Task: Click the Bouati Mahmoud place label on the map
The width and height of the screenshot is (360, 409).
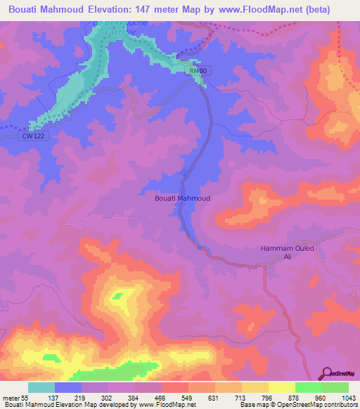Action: (182, 198)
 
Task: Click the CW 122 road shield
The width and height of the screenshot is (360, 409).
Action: (32, 136)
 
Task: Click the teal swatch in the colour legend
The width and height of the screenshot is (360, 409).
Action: (41, 387)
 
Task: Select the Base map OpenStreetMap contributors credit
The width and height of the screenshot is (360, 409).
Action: (298, 405)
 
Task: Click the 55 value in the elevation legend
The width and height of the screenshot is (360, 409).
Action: (25, 398)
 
